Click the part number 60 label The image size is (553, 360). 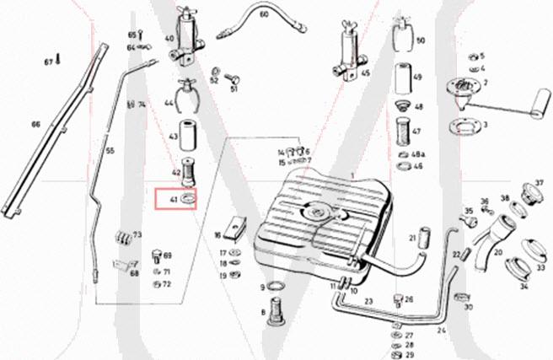(264, 14)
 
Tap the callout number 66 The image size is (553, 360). (35, 125)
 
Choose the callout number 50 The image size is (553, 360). (421, 40)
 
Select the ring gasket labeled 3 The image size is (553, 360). (463, 126)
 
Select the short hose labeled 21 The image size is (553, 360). (424, 238)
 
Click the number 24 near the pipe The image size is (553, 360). (440, 330)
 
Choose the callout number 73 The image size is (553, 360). (137, 234)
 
